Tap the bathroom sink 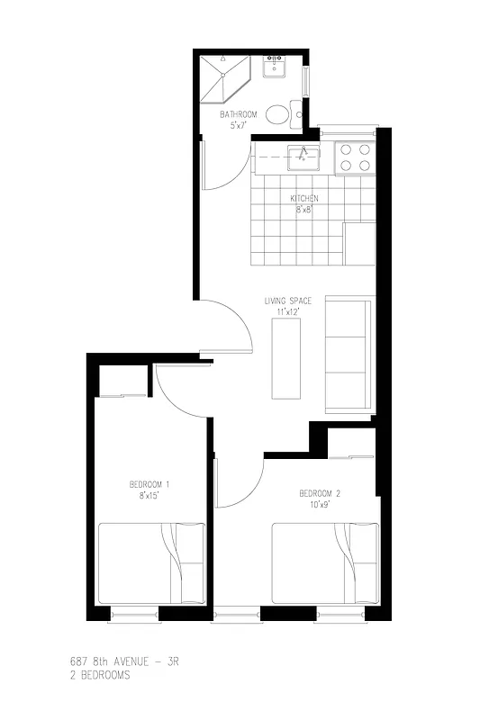[274, 67]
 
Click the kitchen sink [303, 157]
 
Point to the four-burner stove [355, 158]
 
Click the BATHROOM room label [239, 114]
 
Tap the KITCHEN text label [303, 199]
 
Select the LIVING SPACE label [287, 301]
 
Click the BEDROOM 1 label [149, 484]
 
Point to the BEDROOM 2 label [320, 493]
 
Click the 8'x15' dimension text [149, 495]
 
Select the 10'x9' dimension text [320, 504]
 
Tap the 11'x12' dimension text [287, 311]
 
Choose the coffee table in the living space [285, 358]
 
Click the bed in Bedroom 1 [151, 564]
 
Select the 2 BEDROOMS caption [99, 674]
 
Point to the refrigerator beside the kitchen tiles [359, 243]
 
